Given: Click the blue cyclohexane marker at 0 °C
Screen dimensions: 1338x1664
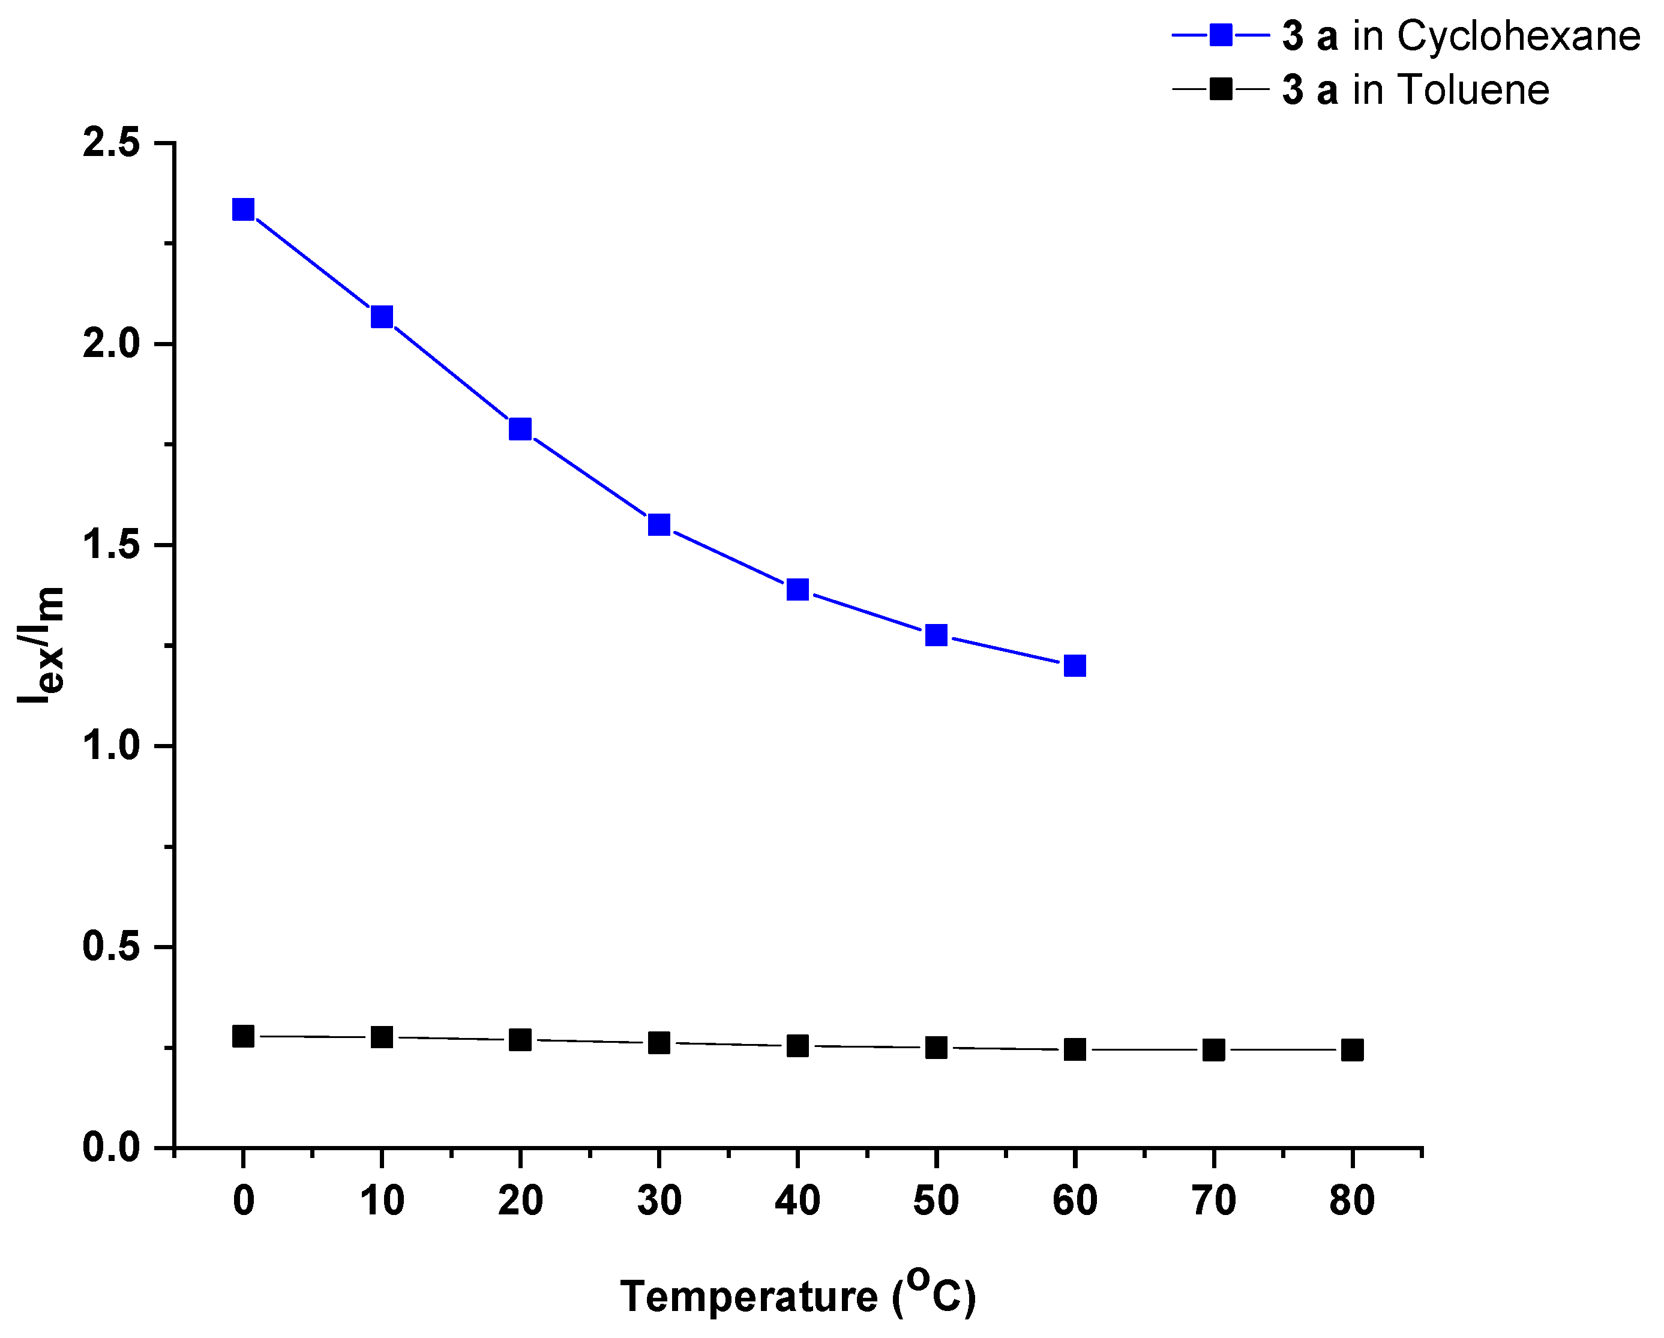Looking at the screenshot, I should (x=243, y=209).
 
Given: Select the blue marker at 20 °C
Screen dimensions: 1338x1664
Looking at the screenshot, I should (x=520, y=428).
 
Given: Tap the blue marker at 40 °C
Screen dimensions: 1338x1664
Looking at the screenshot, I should (x=797, y=590).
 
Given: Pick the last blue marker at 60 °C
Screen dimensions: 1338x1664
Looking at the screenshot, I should (x=1074, y=665).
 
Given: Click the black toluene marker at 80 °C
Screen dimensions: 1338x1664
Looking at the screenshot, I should (x=1352, y=1049).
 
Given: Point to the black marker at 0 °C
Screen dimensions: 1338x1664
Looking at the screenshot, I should (x=243, y=1036).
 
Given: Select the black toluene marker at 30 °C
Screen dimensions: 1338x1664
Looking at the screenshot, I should (x=658, y=1042).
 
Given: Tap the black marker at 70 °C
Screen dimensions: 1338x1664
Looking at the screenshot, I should (x=1213, y=1049).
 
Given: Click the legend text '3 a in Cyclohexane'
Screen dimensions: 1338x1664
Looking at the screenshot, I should (x=1460, y=36).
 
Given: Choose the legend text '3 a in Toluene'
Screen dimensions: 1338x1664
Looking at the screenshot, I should (x=1416, y=90).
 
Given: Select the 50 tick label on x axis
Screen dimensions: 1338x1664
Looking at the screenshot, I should (x=936, y=1201).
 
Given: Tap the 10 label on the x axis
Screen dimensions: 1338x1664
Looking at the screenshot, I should (x=381, y=1201).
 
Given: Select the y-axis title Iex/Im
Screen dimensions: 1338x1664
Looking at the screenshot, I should (x=40, y=645).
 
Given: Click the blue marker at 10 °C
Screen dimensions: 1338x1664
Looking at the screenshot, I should (x=381, y=316).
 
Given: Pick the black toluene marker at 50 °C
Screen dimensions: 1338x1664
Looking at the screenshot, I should (x=936, y=1047).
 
